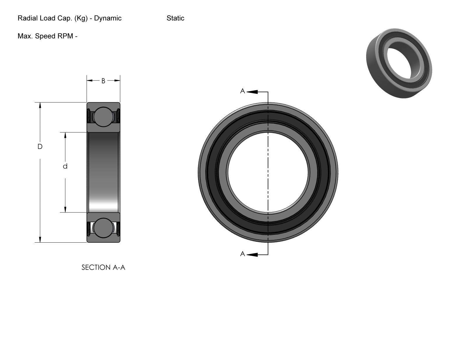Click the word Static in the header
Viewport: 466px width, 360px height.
[175, 18]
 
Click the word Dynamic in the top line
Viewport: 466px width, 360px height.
[108, 18]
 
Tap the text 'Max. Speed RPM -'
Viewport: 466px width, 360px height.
[47, 36]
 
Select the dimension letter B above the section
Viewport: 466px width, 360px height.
[103, 81]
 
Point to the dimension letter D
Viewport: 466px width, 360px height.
[40, 147]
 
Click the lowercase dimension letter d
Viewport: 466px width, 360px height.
[65, 166]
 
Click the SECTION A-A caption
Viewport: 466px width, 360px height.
[103, 267]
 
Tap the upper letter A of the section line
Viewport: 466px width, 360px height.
[242, 91]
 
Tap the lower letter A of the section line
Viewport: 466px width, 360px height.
[242, 254]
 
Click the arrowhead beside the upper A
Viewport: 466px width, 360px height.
[252, 92]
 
